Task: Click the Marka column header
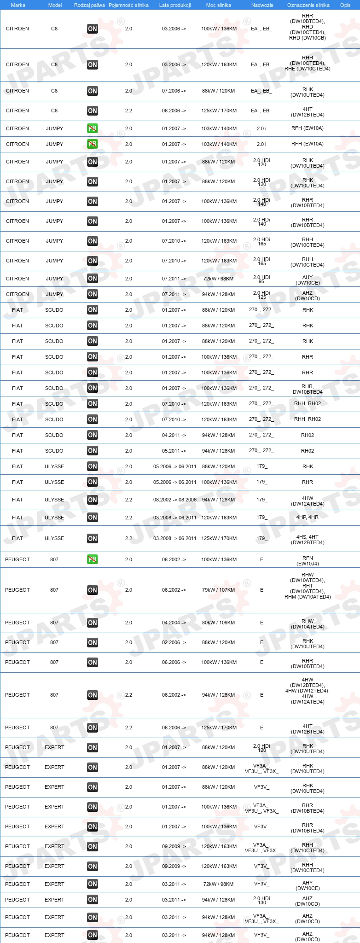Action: click(18, 5)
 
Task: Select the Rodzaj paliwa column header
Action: click(89, 5)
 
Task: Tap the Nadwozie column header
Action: click(262, 5)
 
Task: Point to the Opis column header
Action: click(345, 5)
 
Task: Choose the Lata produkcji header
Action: click(175, 5)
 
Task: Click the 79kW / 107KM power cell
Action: click(218, 590)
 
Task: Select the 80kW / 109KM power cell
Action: click(218, 623)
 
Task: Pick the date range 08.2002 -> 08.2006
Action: click(175, 500)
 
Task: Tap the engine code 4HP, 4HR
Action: click(308, 518)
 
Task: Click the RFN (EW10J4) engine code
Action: click(308, 560)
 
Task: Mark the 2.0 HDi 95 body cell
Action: click(261, 279)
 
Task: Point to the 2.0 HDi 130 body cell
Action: click(261, 900)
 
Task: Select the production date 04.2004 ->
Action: click(174, 623)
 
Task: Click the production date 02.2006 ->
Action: click(174, 642)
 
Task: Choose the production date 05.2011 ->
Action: click(174, 451)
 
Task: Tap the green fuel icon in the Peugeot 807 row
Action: click(93, 559)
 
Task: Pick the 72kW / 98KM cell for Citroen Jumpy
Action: click(218, 279)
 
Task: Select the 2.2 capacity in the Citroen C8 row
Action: click(128, 111)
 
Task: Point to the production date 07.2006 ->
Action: click(174, 91)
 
